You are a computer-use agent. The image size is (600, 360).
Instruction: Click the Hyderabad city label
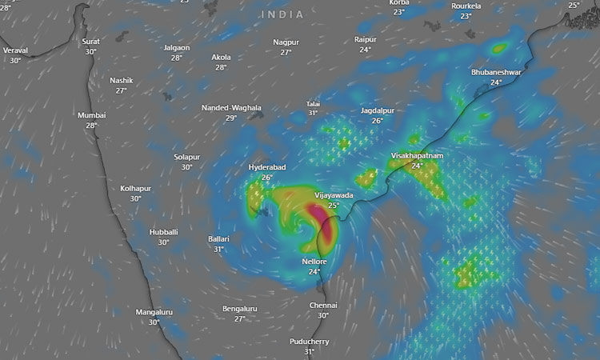tap(267, 167)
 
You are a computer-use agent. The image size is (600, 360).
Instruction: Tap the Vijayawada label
tap(334, 195)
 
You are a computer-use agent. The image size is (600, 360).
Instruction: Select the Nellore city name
tap(314, 262)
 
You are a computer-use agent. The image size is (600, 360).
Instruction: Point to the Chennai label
tap(323, 305)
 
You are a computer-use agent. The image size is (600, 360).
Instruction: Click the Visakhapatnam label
tap(417, 155)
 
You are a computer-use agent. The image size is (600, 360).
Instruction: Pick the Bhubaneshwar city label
tap(496, 72)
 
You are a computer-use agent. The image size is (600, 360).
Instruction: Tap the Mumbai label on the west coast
tap(91, 115)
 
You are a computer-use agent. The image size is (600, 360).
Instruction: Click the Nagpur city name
tap(286, 42)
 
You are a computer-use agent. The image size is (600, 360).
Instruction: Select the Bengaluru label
tap(240, 309)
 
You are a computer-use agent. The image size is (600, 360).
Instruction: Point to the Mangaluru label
tap(154, 312)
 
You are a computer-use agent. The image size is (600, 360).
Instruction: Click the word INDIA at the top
tap(282, 14)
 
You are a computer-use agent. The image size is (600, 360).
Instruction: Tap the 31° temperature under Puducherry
tap(309, 352)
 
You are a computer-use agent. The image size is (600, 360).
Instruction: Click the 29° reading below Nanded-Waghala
tap(231, 118)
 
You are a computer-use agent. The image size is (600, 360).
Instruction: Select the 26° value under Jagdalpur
tap(378, 121)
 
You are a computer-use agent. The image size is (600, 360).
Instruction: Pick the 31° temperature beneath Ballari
tap(218, 249)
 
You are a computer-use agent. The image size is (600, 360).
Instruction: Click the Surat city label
tap(91, 41)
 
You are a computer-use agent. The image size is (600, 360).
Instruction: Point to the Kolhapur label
tap(135, 188)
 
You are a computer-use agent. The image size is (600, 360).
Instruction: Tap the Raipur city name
tap(366, 39)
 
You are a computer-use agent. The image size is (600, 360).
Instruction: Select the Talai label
tap(313, 104)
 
